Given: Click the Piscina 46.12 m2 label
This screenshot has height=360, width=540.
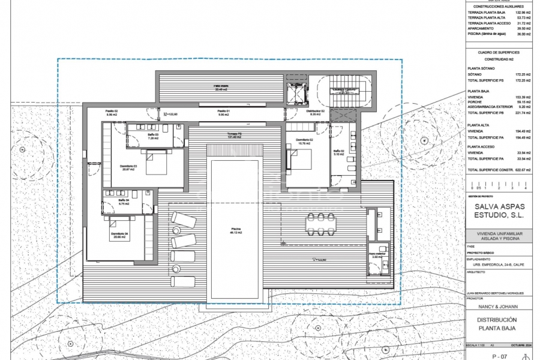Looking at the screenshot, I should [x=235, y=230].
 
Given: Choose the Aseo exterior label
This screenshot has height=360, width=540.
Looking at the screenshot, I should [x=377, y=255].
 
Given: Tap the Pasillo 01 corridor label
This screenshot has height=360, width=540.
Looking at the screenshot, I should [x=224, y=113].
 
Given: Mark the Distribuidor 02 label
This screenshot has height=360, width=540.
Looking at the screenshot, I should [x=315, y=113].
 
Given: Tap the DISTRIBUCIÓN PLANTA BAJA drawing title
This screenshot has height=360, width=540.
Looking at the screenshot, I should [x=497, y=324].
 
